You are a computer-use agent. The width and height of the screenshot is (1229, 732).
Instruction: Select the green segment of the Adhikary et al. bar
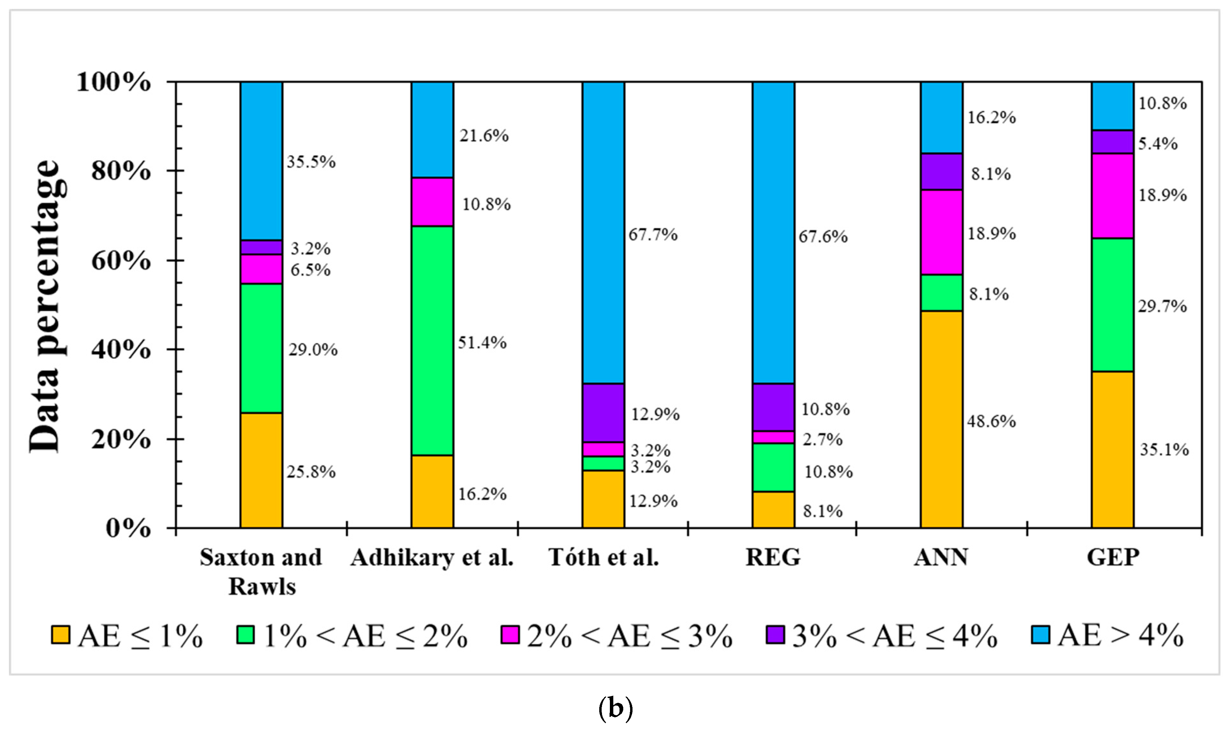(x=432, y=340)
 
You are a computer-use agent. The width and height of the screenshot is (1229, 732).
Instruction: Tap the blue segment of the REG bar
(x=773, y=232)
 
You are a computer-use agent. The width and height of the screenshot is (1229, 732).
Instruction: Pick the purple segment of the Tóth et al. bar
(x=603, y=412)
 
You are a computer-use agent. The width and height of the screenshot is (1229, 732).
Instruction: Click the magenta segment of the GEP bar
(x=1112, y=196)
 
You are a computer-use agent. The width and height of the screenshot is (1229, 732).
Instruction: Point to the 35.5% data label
(x=311, y=162)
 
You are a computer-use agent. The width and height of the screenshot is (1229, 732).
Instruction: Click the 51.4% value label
(x=482, y=342)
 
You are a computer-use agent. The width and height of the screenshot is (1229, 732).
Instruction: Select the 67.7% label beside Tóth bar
(x=652, y=235)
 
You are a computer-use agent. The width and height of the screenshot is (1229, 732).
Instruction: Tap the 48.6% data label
(x=991, y=421)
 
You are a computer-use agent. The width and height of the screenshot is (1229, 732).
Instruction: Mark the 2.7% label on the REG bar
(x=822, y=439)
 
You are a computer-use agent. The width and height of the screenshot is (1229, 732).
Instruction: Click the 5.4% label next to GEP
(x=1157, y=144)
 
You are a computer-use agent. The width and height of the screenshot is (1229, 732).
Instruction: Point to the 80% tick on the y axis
(x=121, y=171)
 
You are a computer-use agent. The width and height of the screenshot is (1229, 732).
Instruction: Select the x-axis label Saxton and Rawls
(x=261, y=572)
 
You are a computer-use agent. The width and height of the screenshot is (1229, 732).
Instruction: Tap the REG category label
(x=773, y=557)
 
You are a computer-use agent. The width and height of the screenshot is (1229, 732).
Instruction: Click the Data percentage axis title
(x=47, y=306)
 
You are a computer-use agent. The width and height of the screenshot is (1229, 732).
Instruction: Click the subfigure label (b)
(x=615, y=708)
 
